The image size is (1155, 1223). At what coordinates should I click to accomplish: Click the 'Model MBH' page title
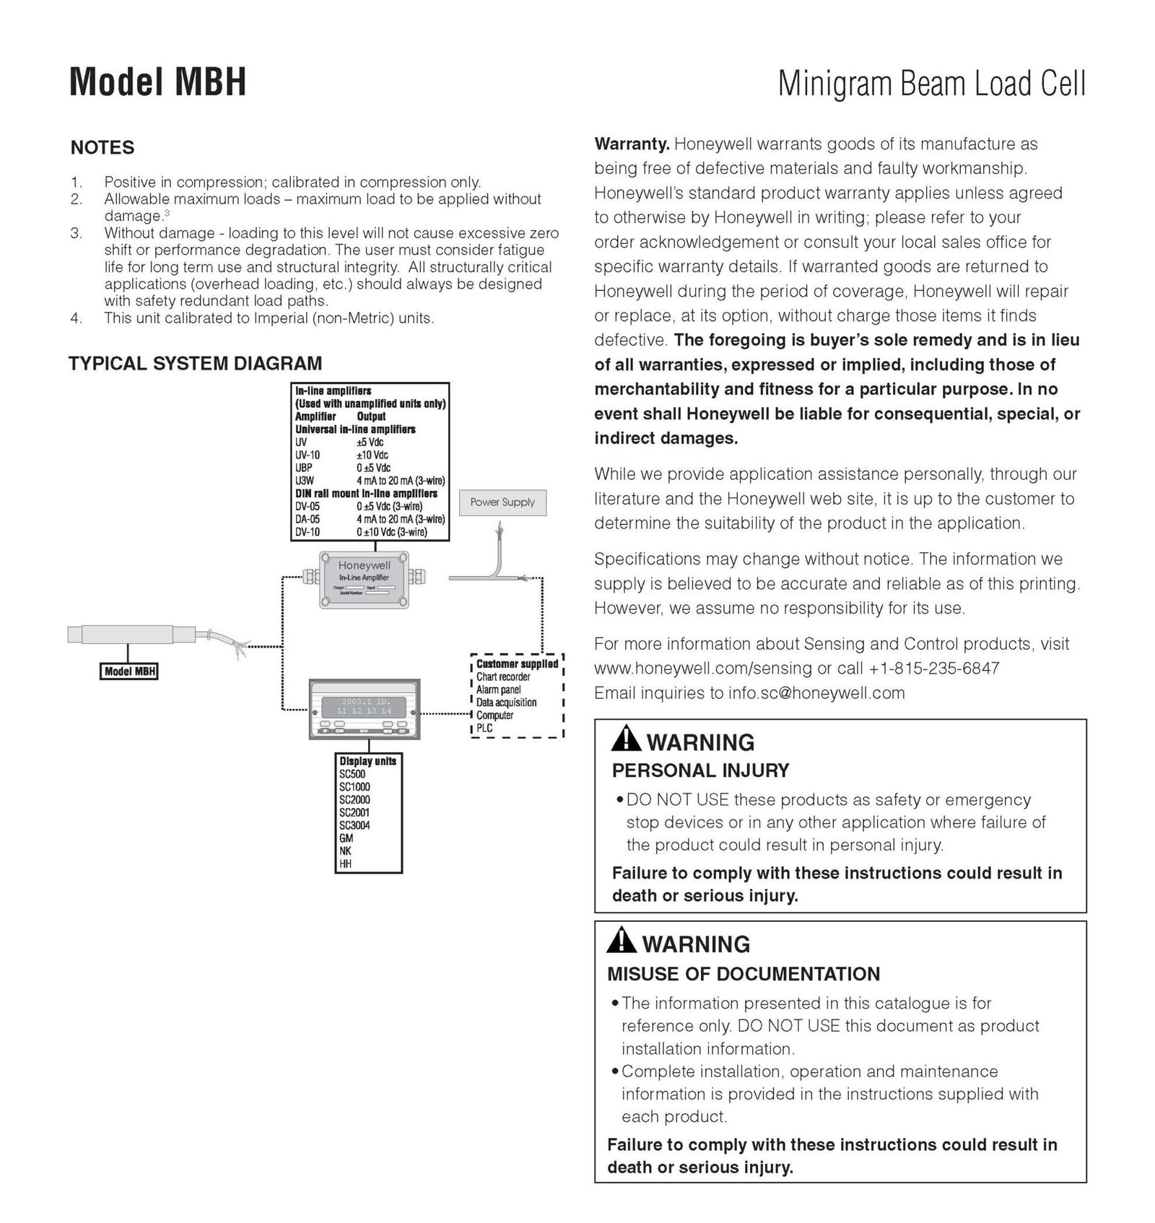click(157, 82)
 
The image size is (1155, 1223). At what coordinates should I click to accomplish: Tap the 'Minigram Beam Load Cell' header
click(931, 84)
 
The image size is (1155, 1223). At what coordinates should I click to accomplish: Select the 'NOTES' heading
click(103, 148)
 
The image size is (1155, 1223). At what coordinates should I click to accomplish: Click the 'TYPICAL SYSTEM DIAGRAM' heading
click(195, 364)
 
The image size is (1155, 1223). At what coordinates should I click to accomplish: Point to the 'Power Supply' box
click(502, 502)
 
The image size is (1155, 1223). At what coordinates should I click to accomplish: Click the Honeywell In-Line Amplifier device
click(364, 578)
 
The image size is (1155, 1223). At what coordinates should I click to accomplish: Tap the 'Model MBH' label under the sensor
click(130, 671)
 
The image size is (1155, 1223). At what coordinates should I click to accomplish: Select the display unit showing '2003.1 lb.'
click(365, 709)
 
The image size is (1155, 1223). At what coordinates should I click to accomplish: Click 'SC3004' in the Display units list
click(354, 825)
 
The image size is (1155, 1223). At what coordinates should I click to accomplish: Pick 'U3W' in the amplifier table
click(305, 481)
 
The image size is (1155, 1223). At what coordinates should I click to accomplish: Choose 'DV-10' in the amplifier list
click(308, 532)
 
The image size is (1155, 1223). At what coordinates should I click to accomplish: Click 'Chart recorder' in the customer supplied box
click(503, 677)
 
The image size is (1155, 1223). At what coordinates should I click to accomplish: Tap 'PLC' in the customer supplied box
click(484, 728)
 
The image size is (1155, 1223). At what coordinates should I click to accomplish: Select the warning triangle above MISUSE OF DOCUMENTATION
click(621, 941)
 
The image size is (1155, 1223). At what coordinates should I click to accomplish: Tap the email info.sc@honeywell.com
click(816, 693)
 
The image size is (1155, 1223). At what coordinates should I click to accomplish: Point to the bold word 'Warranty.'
click(632, 144)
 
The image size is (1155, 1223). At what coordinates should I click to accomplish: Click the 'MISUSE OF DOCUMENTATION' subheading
click(743, 974)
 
